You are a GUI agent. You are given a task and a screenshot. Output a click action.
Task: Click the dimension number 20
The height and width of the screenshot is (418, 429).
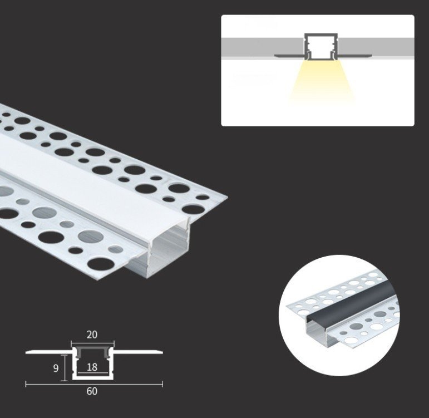click(x=92, y=335)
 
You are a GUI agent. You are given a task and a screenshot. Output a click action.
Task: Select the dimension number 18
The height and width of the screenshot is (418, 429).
click(x=92, y=367)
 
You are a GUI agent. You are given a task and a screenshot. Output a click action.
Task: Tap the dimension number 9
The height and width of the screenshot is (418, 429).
click(x=56, y=368)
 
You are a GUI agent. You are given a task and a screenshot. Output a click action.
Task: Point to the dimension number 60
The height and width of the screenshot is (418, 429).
click(x=92, y=391)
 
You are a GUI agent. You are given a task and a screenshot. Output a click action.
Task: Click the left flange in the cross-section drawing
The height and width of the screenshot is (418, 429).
click(x=50, y=352)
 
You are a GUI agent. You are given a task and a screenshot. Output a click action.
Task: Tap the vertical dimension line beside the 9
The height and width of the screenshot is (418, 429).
click(x=65, y=368)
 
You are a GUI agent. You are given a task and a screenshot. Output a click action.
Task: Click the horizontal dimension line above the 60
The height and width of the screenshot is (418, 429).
click(x=94, y=384)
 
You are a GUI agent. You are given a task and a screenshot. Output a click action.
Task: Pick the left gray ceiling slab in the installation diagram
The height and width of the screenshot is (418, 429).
click(x=262, y=47)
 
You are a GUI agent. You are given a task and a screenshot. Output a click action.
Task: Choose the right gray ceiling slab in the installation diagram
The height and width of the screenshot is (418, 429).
click(x=377, y=47)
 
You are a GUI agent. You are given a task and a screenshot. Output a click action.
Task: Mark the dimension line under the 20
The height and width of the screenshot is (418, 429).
click(x=93, y=342)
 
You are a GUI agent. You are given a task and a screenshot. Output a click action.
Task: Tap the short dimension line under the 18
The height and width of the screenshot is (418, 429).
click(x=93, y=373)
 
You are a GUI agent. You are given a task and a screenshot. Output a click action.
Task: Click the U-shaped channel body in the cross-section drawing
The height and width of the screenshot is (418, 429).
click(x=93, y=378)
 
